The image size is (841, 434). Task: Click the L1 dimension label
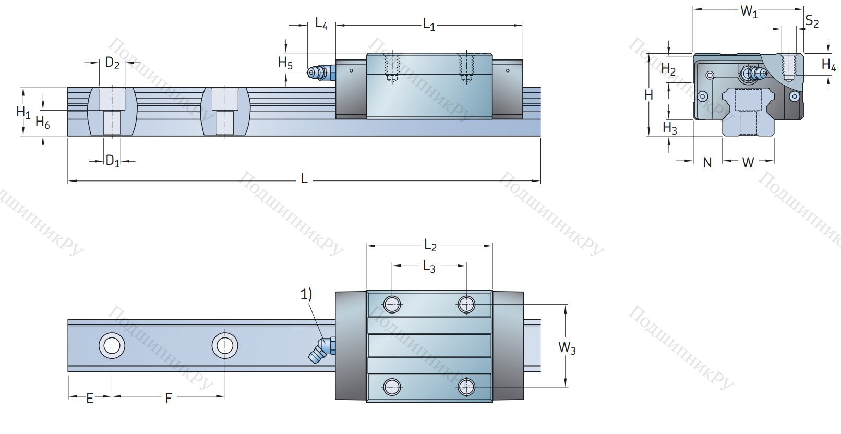pos(429,25)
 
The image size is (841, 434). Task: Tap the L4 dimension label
pos(321,23)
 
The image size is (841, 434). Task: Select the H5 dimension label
pos(285,63)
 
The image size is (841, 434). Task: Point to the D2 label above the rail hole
pos(112,63)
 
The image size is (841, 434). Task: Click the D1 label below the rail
pos(112,161)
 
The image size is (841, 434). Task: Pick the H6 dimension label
pos(42,123)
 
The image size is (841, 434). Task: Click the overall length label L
pos(304,179)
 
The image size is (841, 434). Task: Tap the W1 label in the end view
pos(749,11)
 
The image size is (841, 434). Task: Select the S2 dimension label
pos(812,22)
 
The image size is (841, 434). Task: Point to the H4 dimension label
pos(828,65)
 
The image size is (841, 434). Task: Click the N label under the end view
pos(707,163)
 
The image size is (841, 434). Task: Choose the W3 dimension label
pos(567,347)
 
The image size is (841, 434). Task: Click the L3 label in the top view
pos(429,267)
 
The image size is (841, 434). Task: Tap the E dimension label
pos(90,399)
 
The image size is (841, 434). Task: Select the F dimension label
pos(168,399)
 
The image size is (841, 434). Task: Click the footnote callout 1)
pos(306,294)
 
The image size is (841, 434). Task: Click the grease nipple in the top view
pos(321,350)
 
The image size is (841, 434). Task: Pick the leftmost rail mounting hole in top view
pos(112,345)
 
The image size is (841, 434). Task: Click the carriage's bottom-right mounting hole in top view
pos(466,387)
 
